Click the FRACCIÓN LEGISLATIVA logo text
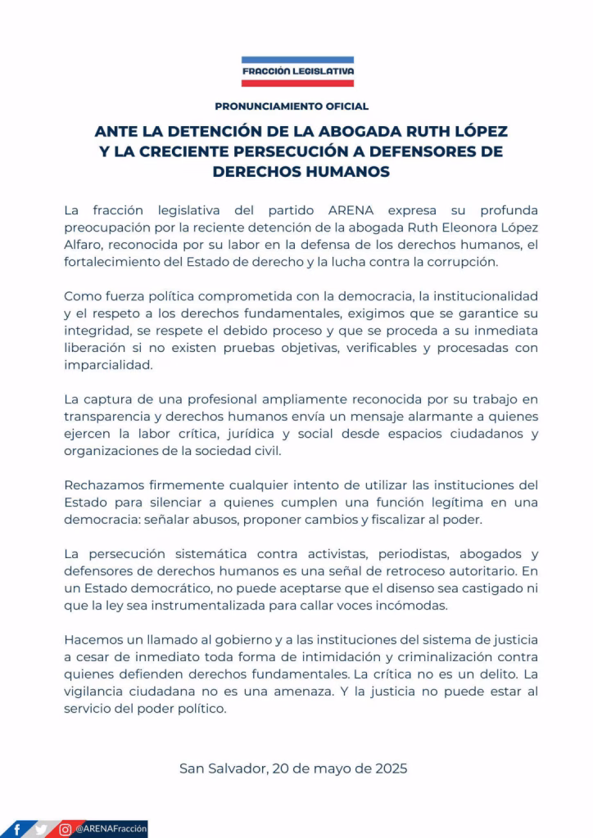(x=297, y=71)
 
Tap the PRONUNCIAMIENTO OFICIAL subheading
(x=292, y=106)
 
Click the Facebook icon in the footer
(x=17, y=828)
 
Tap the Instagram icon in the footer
(x=65, y=828)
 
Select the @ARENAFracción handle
(x=110, y=828)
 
